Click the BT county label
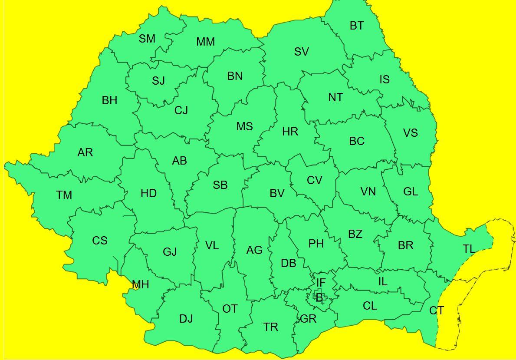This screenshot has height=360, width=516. click(357, 26)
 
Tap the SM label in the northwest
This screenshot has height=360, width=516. click(147, 39)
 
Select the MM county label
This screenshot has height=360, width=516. click(205, 42)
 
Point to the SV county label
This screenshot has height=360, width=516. click(301, 52)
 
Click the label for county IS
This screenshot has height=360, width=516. click(385, 80)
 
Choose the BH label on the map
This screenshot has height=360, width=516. click(109, 101)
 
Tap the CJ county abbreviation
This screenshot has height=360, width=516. click(181, 111)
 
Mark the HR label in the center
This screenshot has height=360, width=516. click(290, 132)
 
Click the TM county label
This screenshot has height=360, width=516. click(64, 195)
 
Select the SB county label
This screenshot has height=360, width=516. click(220, 185)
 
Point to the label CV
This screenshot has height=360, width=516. click(314, 180)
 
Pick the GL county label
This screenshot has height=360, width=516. click(411, 192)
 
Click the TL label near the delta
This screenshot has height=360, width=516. click(469, 249)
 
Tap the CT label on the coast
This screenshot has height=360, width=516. click(436, 311)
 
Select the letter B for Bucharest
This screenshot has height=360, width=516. click(319, 298)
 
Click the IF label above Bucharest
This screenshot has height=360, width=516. click(321, 283)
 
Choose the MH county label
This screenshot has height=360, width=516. click(140, 285)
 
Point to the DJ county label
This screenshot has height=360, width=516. click(186, 319)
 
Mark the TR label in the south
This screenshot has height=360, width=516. click(270, 327)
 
